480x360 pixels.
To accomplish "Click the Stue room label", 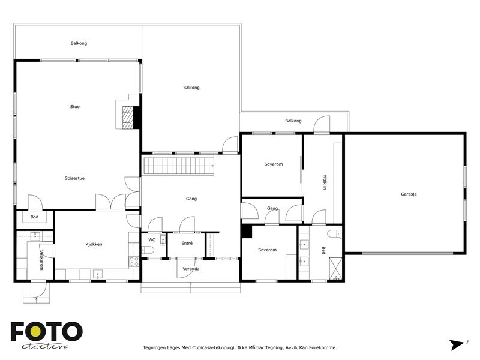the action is point(74,107).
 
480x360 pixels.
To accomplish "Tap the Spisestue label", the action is point(74,178).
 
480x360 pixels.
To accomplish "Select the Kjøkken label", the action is point(94,244).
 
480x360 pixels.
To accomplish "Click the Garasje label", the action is point(409,194).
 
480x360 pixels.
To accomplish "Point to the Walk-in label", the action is point(325,182).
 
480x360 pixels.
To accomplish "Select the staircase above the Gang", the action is point(179,166).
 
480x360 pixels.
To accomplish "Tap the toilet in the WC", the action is point(148,250).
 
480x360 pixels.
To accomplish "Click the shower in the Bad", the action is point(335,269).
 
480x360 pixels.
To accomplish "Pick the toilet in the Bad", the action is point(334,234).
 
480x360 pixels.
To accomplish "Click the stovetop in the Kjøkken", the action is point(134,262).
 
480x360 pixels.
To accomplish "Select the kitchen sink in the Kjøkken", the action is point(98,274).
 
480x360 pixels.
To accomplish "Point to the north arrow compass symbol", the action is point(458,344).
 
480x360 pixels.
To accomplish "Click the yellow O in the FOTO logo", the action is point(35,331).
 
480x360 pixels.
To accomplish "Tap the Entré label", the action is point(187,243).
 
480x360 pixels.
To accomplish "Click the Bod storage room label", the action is point(34,217).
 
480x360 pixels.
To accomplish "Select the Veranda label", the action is point(191,269).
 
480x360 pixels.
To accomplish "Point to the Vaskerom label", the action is point(41,260).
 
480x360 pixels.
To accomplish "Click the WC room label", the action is point(152,239).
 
